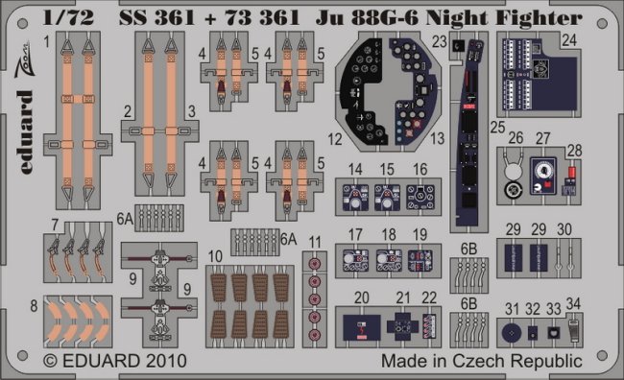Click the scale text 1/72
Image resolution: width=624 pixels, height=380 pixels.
tap(68, 17)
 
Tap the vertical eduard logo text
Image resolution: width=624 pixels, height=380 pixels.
tap(25, 132)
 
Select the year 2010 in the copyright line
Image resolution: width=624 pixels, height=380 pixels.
tap(166, 361)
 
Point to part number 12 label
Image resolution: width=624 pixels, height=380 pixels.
tap(335, 139)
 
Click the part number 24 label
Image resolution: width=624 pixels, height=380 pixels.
tap(569, 40)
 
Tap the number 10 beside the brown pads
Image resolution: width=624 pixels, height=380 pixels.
tap(215, 256)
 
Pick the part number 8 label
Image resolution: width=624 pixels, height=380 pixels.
tap(34, 305)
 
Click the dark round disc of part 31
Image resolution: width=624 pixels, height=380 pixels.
tap(512, 333)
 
